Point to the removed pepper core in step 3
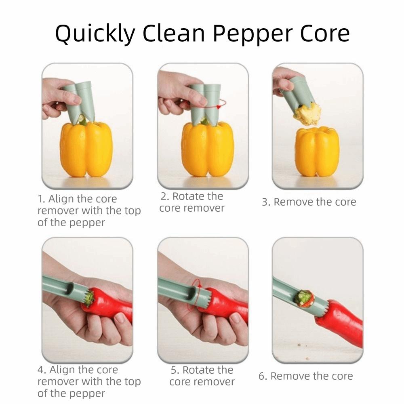307,114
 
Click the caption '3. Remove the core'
309,202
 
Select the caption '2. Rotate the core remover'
192,202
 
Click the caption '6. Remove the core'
305,376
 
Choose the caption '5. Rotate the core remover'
202,376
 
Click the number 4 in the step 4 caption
41,370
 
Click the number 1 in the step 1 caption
40,199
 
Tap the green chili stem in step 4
88,298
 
